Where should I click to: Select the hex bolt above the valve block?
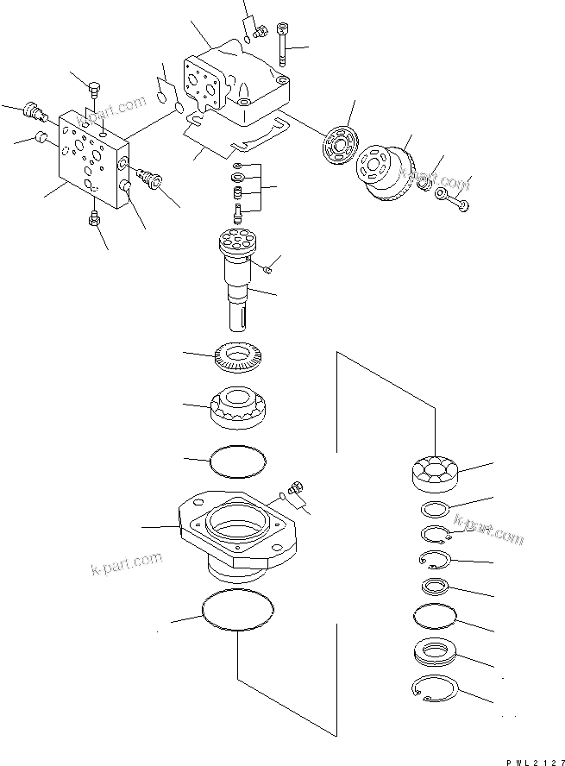tap(94, 86)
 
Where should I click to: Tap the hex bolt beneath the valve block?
tap(94, 221)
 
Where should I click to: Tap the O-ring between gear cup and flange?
tap(238, 461)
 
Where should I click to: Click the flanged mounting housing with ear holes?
tap(238, 531)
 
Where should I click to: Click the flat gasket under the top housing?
tap(233, 138)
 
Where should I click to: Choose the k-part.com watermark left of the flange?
tap(125, 565)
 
